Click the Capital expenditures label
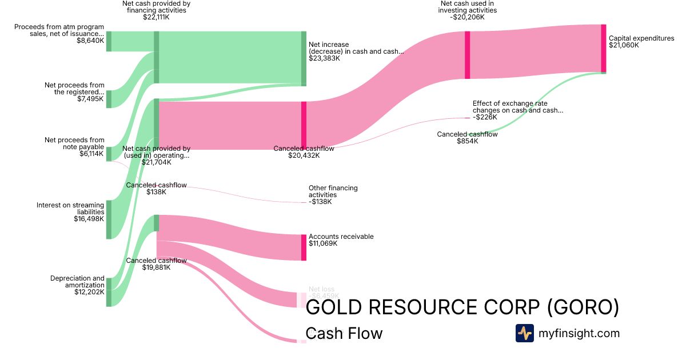pos(641,39)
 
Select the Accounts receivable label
pos(341,237)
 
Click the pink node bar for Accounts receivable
pos(304,247)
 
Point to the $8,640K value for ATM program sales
pos(90,41)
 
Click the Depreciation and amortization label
pos(78,282)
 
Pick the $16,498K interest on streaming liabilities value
pos(89,219)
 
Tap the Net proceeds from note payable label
pos(74,143)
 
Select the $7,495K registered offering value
pos(90,99)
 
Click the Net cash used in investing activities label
pos(467,7)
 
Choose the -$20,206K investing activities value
pos(467,17)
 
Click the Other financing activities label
pos(333,191)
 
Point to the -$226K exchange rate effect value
pos(485,117)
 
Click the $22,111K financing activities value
pos(156,17)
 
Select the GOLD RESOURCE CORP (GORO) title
pos(462,307)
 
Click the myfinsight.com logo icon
pos(524,333)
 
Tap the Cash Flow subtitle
pos(344,333)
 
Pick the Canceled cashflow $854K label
pos(467,138)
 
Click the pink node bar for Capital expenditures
pos(603,48)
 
